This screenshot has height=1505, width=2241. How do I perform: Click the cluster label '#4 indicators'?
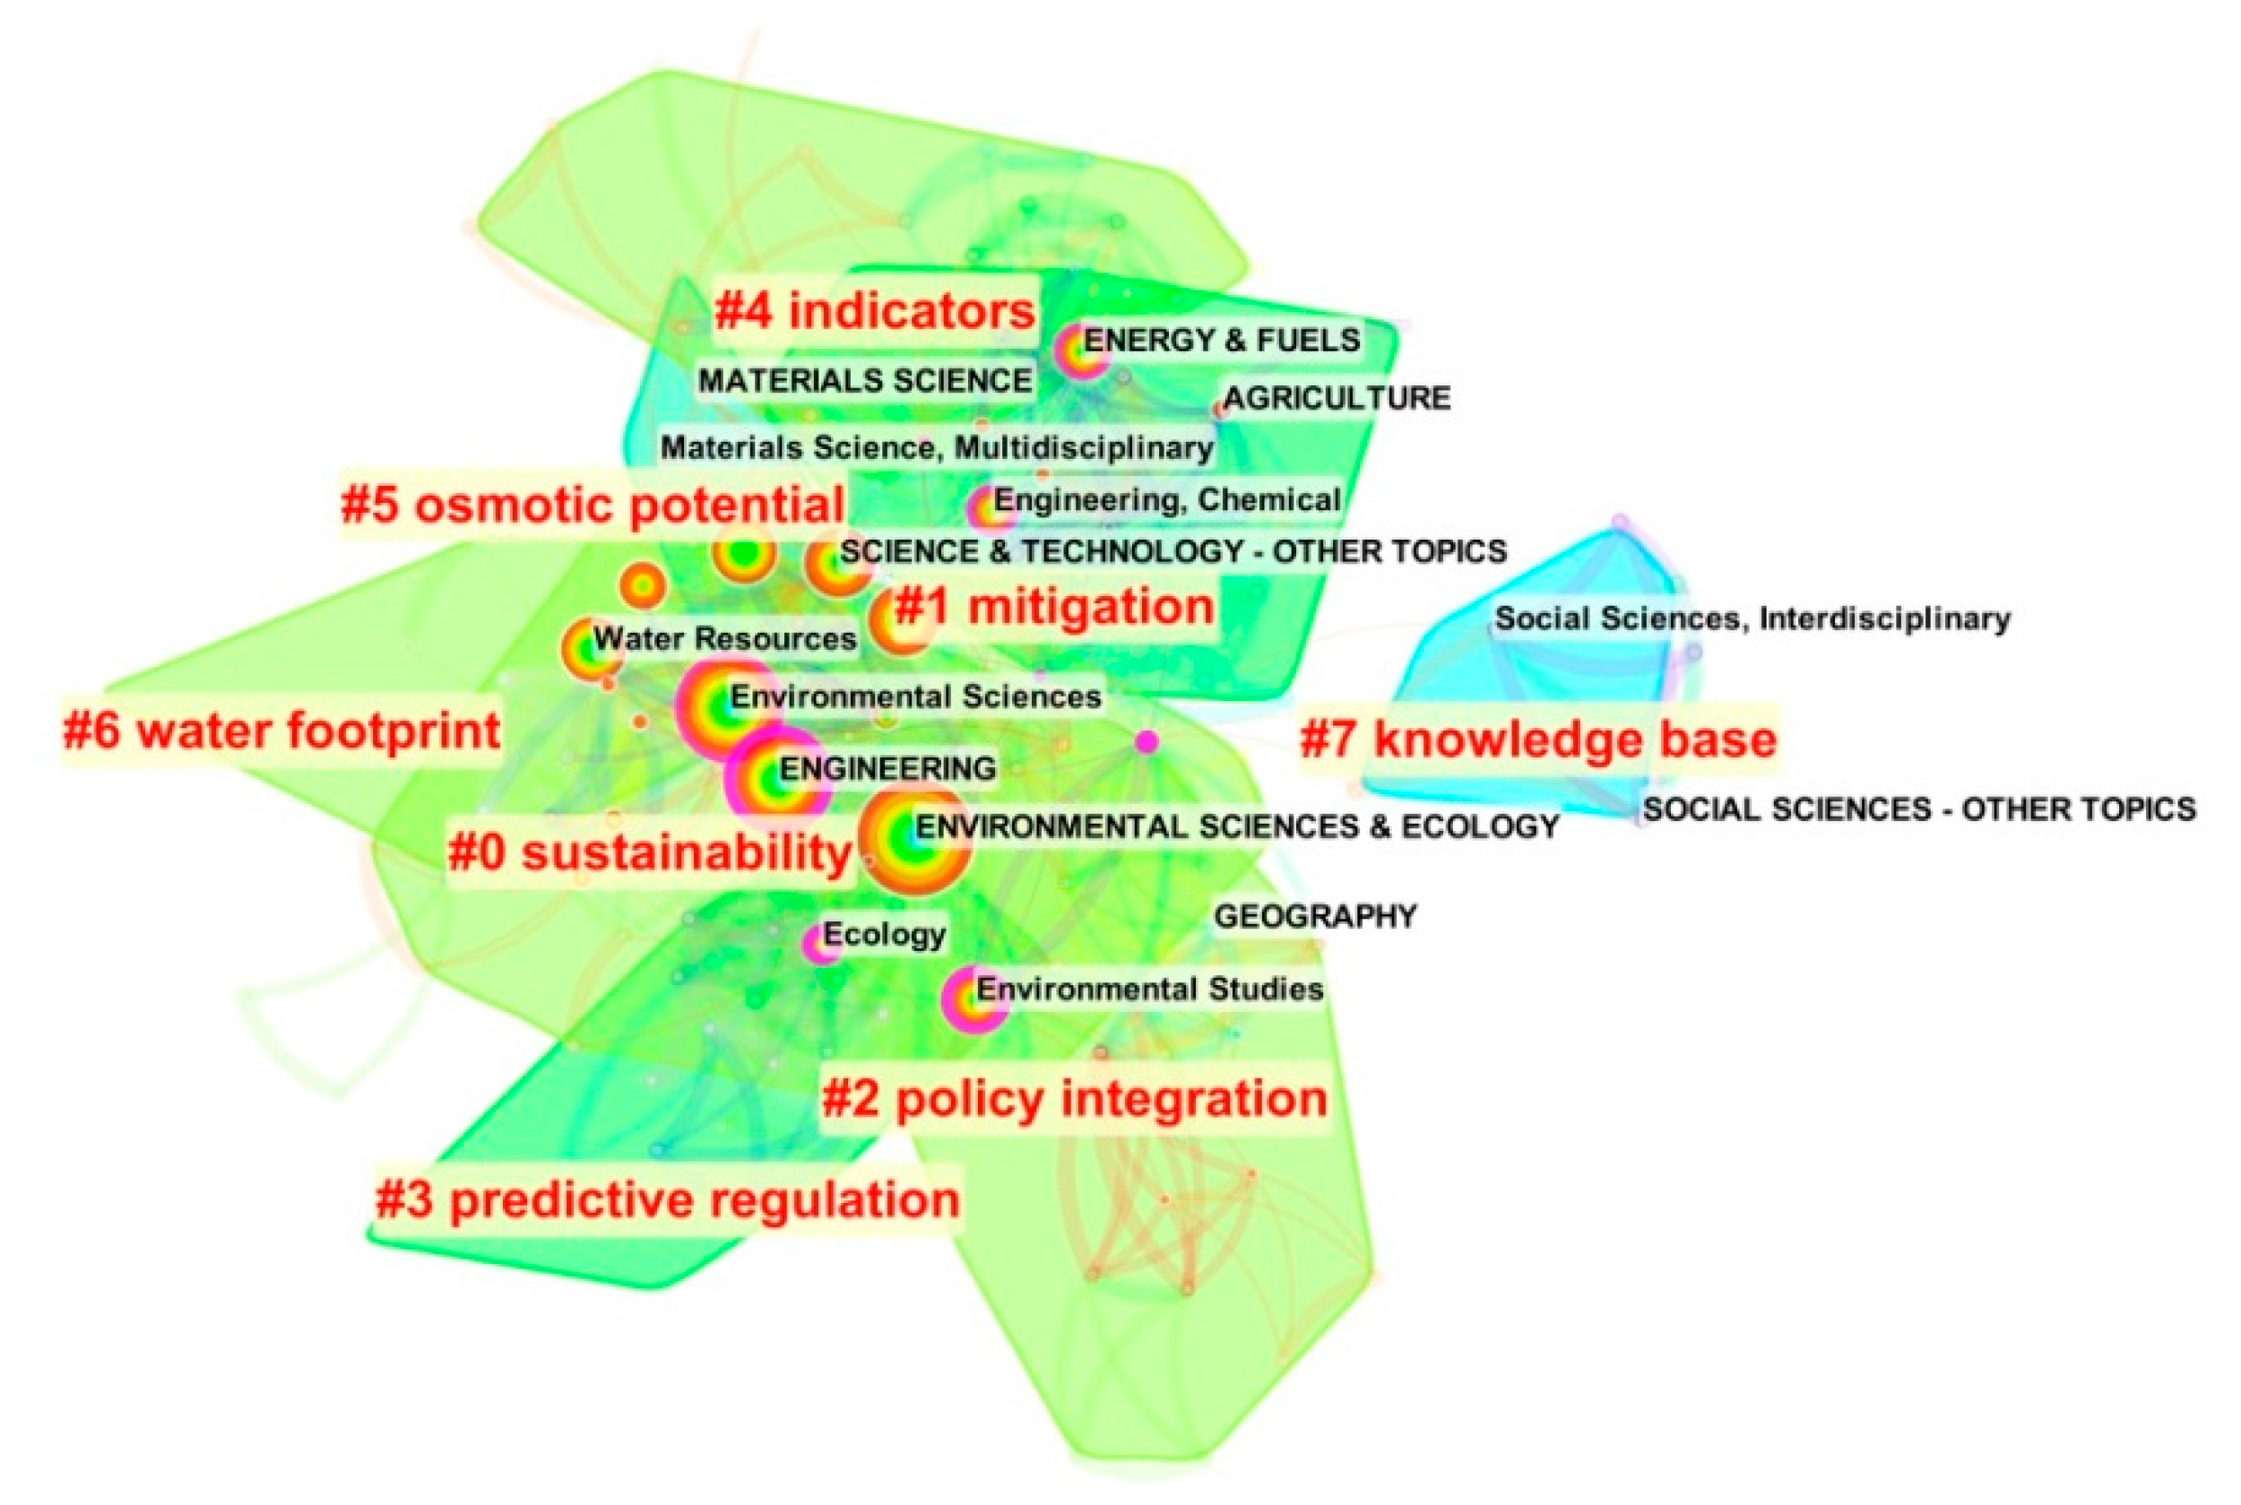point(874,312)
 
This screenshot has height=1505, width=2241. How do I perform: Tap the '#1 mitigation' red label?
point(1054,607)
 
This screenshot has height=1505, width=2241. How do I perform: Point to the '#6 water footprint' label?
point(281,731)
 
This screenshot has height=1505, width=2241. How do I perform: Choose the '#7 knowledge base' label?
point(1537,740)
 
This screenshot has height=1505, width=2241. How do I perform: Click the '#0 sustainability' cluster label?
point(650,852)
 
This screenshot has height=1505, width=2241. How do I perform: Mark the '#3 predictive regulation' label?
point(667,1199)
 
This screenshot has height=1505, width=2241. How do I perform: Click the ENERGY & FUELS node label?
point(1222,340)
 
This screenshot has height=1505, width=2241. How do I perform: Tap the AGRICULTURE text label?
point(1337,397)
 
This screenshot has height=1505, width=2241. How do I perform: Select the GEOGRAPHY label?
point(1315,917)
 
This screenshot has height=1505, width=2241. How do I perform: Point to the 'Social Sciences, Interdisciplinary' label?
point(1752,618)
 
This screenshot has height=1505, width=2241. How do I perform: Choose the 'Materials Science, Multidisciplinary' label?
point(937,447)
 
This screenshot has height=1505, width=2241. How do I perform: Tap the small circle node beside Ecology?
point(820,944)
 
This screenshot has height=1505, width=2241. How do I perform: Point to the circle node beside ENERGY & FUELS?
point(1079,352)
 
